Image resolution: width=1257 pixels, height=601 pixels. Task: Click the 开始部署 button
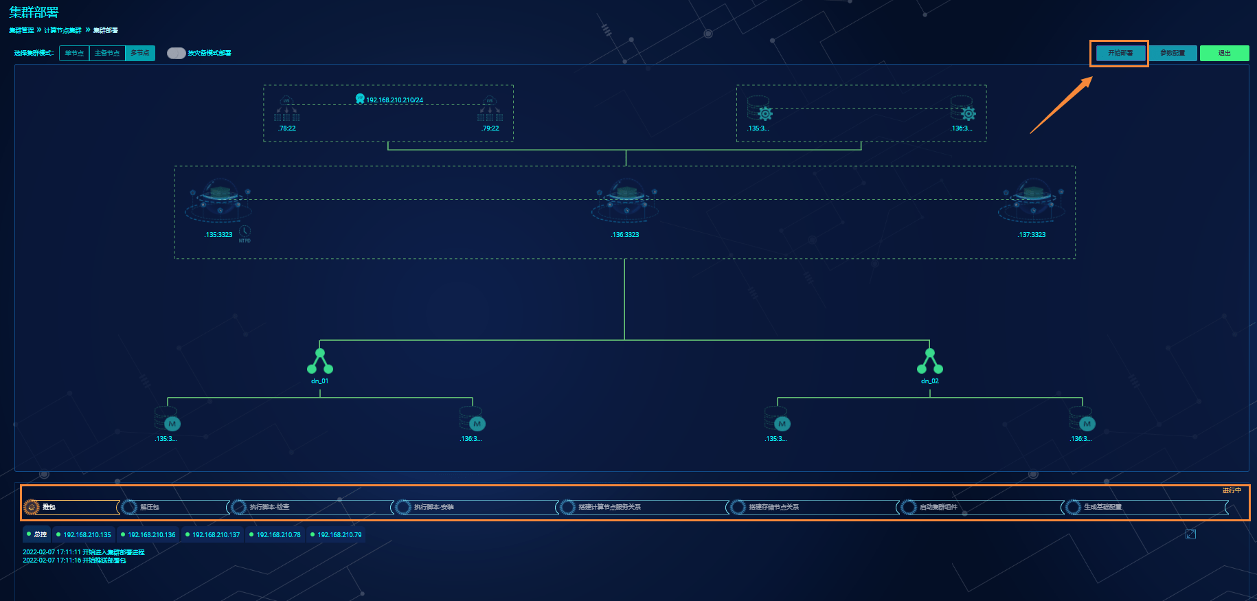pyautogui.click(x=1120, y=53)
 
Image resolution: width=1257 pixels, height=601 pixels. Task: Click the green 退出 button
pyautogui.click(x=1224, y=53)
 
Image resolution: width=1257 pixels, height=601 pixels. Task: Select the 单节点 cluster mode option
pyautogui.click(x=74, y=53)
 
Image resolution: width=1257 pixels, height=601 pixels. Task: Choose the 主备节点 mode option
pyautogui.click(x=107, y=53)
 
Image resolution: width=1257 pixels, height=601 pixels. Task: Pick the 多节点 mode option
pyautogui.click(x=140, y=53)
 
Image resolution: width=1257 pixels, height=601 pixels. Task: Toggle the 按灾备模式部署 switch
pyautogui.click(x=176, y=53)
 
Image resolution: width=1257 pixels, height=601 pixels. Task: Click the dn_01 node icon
pyautogui.click(x=320, y=361)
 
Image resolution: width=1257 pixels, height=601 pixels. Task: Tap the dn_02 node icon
pyautogui.click(x=930, y=361)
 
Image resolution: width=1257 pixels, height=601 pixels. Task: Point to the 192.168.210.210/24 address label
pyautogui.click(x=394, y=100)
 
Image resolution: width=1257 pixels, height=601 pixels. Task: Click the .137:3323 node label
pyautogui.click(x=1032, y=235)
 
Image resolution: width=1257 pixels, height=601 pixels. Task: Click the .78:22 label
pyautogui.click(x=287, y=128)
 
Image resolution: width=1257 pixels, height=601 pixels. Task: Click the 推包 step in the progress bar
pyautogui.click(x=49, y=507)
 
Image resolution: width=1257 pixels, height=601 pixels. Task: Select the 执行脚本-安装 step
pyautogui.click(x=433, y=507)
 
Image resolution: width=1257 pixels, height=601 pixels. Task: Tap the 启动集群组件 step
pyautogui.click(x=938, y=507)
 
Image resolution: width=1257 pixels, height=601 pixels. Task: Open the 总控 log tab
pyautogui.click(x=37, y=534)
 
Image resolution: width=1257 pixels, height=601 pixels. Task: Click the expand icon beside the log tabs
pyautogui.click(x=1190, y=534)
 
